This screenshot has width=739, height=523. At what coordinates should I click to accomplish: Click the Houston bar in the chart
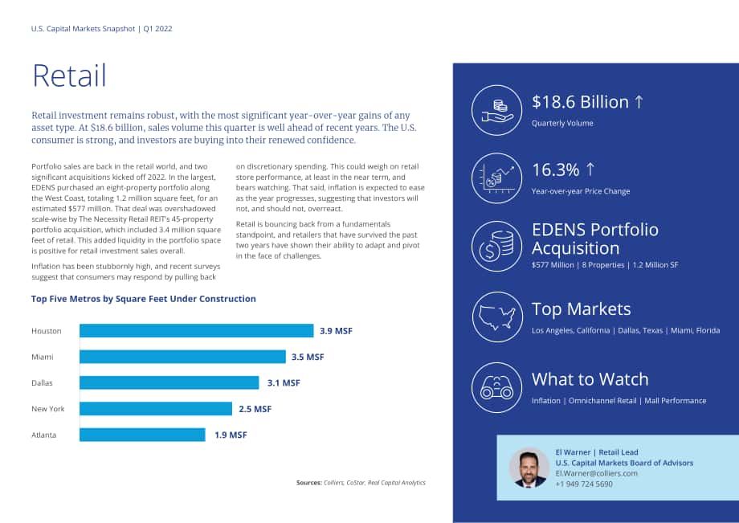pos(197,331)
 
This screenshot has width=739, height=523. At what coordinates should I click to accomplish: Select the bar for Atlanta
pos(142,435)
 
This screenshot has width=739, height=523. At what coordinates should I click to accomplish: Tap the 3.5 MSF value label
pos(308,358)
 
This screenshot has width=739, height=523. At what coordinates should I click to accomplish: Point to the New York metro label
pos(48,409)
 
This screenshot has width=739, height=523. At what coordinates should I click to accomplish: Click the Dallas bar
pos(169,382)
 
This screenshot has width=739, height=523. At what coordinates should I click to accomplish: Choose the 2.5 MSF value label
pos(255,409)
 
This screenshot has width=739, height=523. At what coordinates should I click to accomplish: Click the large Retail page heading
pos(69,76)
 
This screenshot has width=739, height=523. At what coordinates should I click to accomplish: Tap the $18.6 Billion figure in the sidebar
pos(580,102)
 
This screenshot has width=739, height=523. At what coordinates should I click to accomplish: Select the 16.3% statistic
pos(556,170)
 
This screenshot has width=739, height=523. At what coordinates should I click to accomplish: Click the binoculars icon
pos(496,388)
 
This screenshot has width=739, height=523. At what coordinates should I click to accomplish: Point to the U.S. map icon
pos(496,317)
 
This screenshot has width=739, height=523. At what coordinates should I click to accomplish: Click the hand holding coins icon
pos(497,111)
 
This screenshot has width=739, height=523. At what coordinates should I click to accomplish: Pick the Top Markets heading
pos(581,309)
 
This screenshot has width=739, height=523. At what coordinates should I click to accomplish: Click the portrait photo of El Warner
pos(529,468)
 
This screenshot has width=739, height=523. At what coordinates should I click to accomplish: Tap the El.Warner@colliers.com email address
pos(596,473)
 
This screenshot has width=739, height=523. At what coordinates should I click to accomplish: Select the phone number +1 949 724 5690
pos(584,484)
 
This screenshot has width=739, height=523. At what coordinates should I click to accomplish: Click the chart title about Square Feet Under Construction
pos(143,299)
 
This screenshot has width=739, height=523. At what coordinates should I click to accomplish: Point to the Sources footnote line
pos(361,483)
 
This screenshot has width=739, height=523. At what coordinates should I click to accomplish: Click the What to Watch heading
pos(590,379)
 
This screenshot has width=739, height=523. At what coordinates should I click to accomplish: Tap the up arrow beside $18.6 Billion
pos(639,102)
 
